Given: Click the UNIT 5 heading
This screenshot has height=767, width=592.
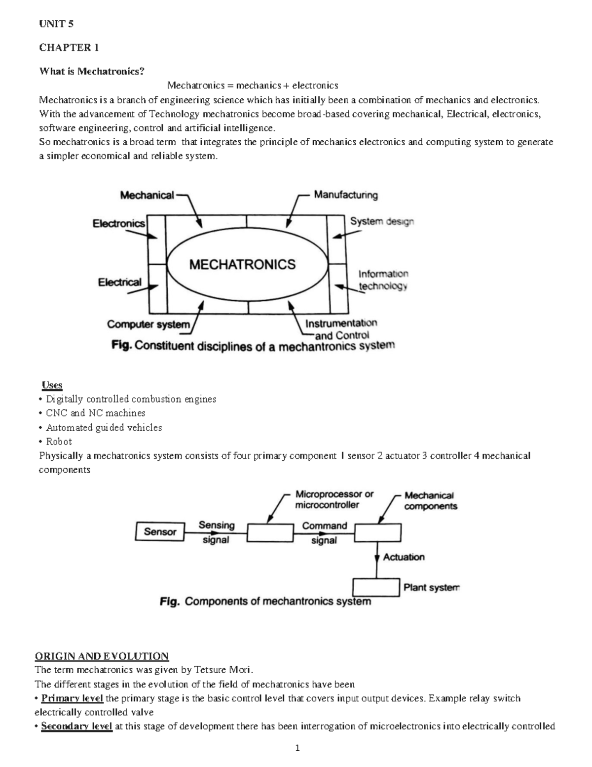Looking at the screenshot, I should tap(56, 24).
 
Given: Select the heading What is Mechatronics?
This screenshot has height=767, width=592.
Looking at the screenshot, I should tap(92, 71).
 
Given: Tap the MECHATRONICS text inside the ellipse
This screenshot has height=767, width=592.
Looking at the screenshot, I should tap(242, 265).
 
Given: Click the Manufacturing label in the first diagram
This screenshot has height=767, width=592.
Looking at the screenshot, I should tap(346, 195).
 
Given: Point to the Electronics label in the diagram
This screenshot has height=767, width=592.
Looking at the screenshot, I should tap(119, 224).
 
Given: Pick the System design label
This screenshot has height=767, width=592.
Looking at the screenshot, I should tap(382, 222).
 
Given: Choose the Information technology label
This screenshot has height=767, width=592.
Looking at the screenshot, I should tap(383, 280).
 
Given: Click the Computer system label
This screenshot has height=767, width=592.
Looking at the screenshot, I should tap(148, 324).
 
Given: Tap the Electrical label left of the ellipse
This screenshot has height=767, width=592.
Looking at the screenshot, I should tap(119, 283).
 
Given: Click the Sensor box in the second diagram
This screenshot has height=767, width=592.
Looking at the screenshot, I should tap(160, 532).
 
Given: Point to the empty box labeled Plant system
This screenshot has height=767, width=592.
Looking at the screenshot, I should tap(375, 587).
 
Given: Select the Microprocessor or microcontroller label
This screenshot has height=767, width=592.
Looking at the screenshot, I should tap(334, 499).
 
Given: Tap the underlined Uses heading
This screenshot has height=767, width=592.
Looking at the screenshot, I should tap(52, 385).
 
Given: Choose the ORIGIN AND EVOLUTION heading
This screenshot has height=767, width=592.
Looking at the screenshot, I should tap(102, 656).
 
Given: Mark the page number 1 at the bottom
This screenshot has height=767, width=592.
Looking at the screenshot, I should tap(297, 748).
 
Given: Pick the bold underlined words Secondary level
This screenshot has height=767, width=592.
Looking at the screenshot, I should tap(76, 727).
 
